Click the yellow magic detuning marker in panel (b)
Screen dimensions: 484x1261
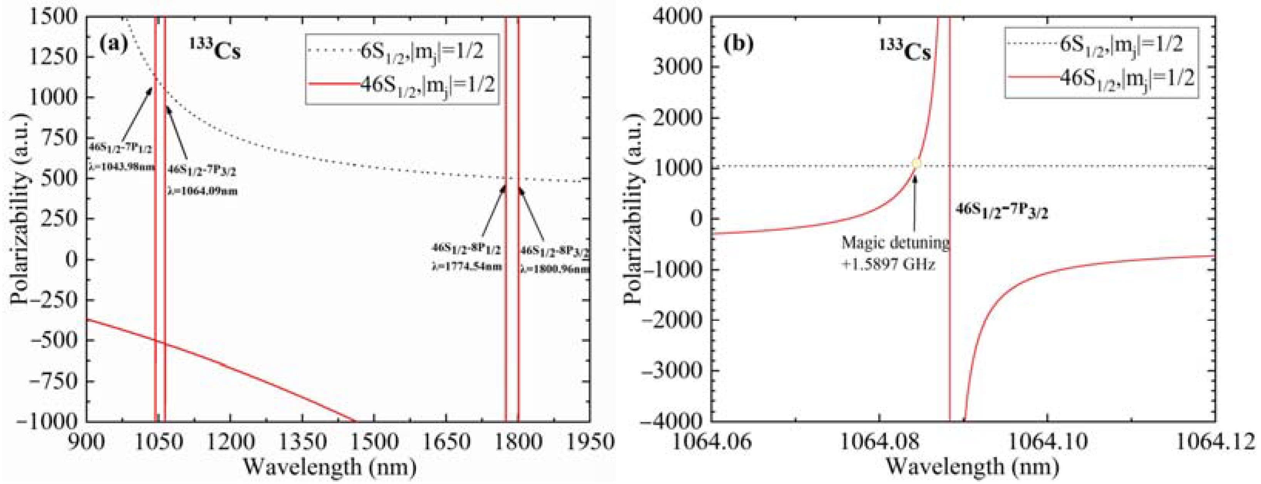916,164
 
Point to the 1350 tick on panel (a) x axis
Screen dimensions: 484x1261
302,442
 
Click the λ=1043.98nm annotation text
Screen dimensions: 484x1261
122,167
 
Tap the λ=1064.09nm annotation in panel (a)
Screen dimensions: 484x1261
203,191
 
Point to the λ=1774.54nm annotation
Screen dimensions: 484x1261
466,268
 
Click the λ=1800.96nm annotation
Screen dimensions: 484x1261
554,269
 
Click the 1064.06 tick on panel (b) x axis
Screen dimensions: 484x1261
711,442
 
